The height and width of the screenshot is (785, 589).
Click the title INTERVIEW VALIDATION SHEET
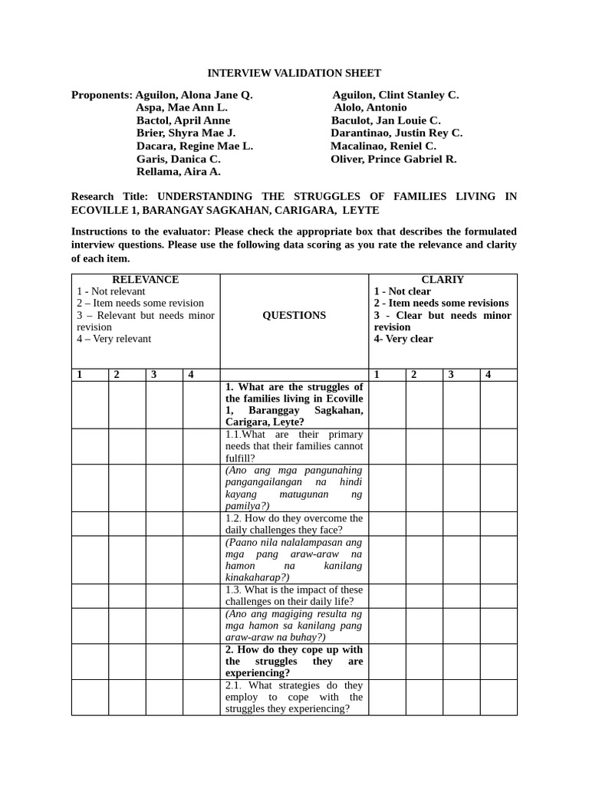pyautogui.click(x=294, y=74)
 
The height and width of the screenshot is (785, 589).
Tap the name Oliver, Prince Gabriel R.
pyautogui.click(x=393, y=159)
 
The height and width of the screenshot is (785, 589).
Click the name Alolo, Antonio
pyautogui.click(x=370, y=108)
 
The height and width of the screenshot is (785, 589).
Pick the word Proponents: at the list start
pyautogui.click(x=101, y=95)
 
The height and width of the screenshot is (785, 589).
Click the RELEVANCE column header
pyautogui.click(x=146, y=280)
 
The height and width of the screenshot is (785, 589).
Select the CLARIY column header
pyautogui.click(x=443, y=280)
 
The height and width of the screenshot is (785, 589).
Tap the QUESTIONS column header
pyautogui.click(x=294, y=315)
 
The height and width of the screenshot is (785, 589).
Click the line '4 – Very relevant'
pyautogui.click(x=114, y=339)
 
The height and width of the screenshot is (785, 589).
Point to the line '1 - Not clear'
pyautogui.click(x=402, y=291)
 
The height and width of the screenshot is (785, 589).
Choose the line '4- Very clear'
pyautogui.click(x=403, y=339)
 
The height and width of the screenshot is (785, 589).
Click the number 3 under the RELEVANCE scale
pyautogui.click(x=154, y=375)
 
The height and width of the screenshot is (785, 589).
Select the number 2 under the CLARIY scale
pyautogui.click(x=413, y=375)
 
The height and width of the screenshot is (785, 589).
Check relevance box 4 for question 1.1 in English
pyautogui.click(x=201, y=446)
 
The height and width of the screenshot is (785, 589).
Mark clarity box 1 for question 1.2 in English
pyautogui.click(x=387, y=524)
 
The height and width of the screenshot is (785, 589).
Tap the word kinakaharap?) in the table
pyautogui.click(x=257, y=577)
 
